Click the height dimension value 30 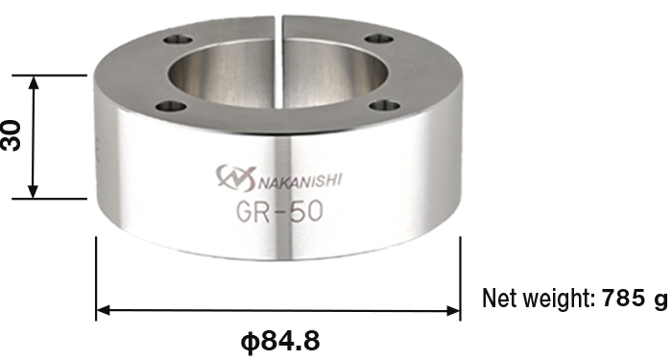12,135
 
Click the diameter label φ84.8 280,342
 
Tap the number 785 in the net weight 621,298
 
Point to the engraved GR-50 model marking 279,211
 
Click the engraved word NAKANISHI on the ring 300,180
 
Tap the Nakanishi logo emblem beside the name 235,178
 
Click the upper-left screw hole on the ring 179,40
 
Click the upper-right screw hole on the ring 379,39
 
